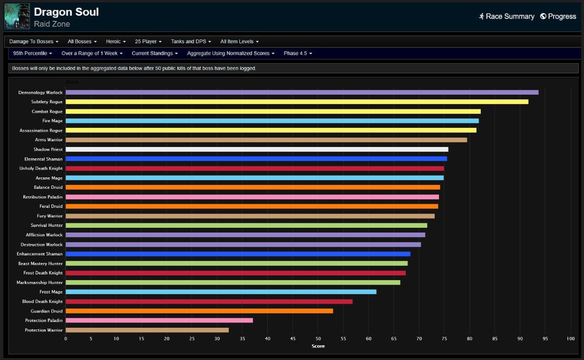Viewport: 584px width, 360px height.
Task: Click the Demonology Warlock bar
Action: click(x=302, y=92)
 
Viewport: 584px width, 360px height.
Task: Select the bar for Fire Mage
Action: click(x=272, y=121)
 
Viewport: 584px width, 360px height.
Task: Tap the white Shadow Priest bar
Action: click(x=257, y=149)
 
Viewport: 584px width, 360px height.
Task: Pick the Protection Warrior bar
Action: click(x=147, y=330)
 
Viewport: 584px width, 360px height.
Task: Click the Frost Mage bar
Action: click(x=221, y=292)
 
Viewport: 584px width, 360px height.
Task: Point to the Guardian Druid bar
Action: click(x=199, y=311)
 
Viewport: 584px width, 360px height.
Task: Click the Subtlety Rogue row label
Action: click(x=47, y=102)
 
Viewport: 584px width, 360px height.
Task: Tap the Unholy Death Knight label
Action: click(x=41, y=168)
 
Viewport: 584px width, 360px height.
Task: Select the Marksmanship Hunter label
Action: click(x=39, y=282)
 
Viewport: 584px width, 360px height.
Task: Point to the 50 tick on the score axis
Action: click(x=318, y=339)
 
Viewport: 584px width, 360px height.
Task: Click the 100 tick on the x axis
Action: click(x=570, y=339)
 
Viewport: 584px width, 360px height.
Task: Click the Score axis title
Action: click(x=318, y=346)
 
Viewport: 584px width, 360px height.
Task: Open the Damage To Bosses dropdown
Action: click(x=34, y=41)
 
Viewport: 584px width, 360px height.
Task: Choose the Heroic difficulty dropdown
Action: click(x=116, y=41)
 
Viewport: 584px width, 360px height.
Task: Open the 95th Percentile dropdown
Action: click(x=32, y=53)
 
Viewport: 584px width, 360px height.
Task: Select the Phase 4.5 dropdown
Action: click(x=298, y=53)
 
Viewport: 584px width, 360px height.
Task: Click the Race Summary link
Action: click(x=507, y=16)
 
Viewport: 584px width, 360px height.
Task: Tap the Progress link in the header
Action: click(x=558, y=16)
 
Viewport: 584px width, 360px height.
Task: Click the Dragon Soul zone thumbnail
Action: click(x=17, y=16)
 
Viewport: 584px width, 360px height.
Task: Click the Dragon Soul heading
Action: click(x=66, y=12)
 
